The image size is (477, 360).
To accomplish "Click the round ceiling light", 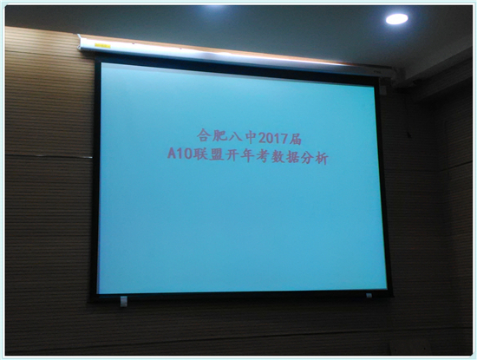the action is click(x=396, y=19).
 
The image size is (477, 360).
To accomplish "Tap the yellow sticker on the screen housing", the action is click(x=102, y=45).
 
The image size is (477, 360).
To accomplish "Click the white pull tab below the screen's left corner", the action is click(x=123, y=301).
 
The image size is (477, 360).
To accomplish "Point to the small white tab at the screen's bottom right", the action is click(x=369, y=296).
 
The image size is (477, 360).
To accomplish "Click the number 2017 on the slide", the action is click(x=273, y=139).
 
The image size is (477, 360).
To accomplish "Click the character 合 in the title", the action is click(x=204, y=135).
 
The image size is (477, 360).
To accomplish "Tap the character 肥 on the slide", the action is click(x=219, y=136).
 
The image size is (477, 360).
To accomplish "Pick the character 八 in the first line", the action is click(x=235, y=137).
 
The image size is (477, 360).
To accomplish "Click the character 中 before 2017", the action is click(x=251, y=138).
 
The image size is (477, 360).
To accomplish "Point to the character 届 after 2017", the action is click(x=295, y=139).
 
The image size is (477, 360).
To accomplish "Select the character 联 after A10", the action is click(x=199, y=154).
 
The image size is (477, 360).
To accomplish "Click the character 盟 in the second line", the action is click(x=216, y=155).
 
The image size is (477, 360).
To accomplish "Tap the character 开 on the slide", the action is click(x=232, y=155).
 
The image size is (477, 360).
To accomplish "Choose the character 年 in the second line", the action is click(x=247, y=156).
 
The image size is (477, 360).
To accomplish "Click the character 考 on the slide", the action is click(x=263, y=156).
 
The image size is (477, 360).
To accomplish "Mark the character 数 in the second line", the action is click(x=278, y=157).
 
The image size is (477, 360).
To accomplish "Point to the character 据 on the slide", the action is click(x=293, y=158).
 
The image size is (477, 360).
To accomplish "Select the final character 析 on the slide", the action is click(x=322, y=159).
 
